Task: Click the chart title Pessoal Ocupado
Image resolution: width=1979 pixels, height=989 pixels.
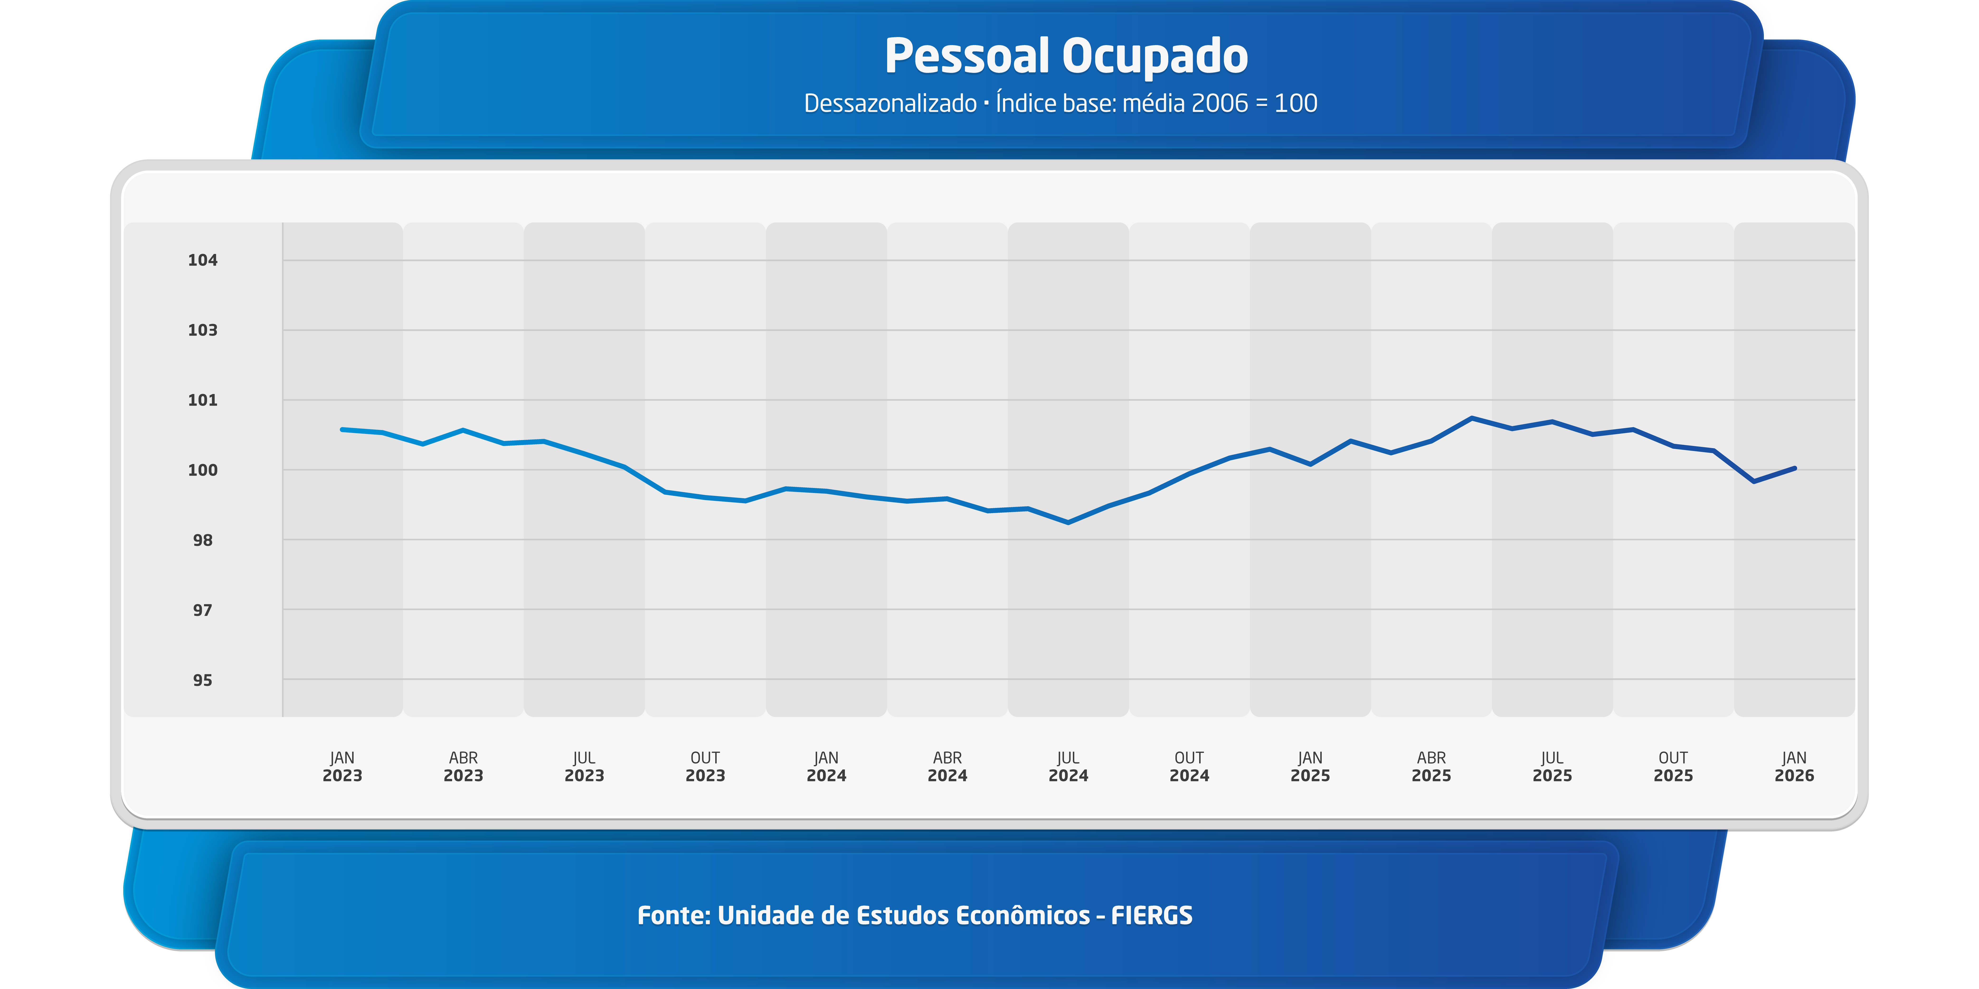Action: [1066, 56]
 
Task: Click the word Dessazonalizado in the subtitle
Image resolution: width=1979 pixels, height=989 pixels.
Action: [890, 103]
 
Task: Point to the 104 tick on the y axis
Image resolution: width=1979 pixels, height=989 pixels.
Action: [203, 260]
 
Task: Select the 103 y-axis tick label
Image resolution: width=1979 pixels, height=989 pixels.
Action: [203, 330]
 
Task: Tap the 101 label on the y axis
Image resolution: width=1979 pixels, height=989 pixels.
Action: [203, 400]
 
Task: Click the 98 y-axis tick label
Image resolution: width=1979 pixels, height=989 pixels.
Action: [203, 540]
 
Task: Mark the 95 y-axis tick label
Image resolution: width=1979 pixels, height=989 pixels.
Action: [203, 680]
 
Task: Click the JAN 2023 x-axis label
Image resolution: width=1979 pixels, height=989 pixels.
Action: [343, 766]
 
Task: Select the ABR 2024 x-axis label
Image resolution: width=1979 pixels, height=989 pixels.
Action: [947, 766]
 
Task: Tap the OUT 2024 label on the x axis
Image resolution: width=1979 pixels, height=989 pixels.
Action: [1189, 766]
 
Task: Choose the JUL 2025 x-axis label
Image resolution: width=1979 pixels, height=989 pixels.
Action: [1553, 766]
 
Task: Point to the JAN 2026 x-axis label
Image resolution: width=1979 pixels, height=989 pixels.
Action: [1795, 766]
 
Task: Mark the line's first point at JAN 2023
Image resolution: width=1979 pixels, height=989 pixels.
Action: [343, 429]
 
